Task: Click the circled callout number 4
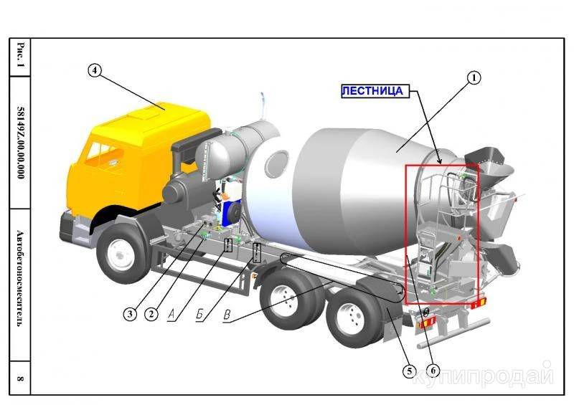[95, 70]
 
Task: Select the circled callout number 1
[474, 77]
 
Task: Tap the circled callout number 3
[130, 314]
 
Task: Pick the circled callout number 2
[151, 314]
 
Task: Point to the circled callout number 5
[409, 371]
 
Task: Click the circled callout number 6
[433, 371]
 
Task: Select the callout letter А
[172, 314]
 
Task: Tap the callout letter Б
[200, 314]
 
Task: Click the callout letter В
[227, 315]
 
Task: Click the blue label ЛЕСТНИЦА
[372, 91]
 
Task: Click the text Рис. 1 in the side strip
[21, 55]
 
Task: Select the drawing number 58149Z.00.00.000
[21, 143]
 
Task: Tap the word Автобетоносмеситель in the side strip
[21, 278]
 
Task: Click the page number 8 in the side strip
[21, 378]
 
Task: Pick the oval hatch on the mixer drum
[277, 163]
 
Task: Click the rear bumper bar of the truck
[454, 333]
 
